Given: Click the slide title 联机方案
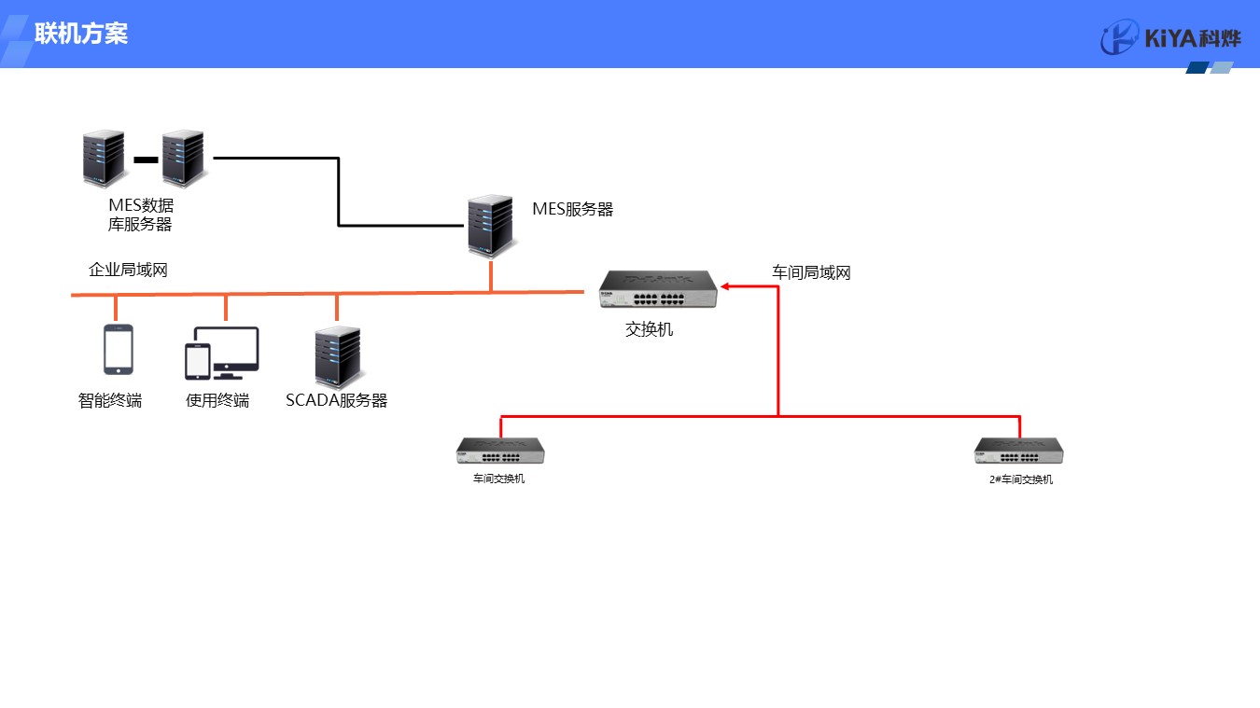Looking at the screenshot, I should (81, 35).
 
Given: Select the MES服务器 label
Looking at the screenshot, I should (572, 210).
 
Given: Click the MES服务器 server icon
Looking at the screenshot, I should (490, 227).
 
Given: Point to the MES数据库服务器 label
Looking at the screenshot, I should (140, 215).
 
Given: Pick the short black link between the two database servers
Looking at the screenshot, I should (146, 160).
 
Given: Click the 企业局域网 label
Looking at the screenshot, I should (128, 271).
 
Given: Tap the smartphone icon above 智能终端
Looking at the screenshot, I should (118, 350).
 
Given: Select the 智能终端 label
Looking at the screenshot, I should (110, 401).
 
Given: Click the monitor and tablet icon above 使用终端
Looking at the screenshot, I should (221, 353).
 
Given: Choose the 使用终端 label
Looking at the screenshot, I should (217, 401).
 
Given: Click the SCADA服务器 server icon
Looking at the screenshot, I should (337, 357).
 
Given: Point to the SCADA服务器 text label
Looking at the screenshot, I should (336, 401).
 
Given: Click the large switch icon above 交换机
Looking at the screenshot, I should (659, 290).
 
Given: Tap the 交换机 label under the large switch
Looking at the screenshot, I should (649, 329).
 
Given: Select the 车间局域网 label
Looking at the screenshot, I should (811, 273).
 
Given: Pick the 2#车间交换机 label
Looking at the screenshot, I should (1021, 479).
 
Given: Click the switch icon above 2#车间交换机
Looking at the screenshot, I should (1019, 451).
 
